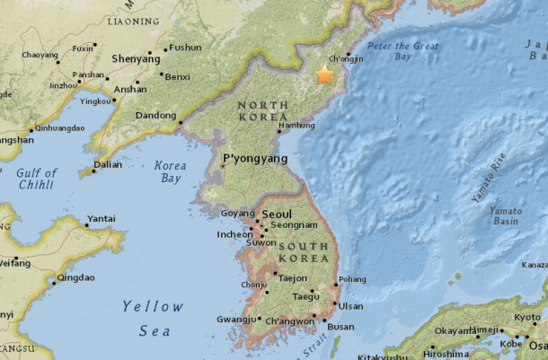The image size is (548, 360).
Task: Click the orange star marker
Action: coord(323,75)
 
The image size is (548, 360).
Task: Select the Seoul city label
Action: coord(279,215)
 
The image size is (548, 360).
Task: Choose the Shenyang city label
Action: coord(136,58)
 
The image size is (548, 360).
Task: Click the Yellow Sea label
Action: coord(149,319)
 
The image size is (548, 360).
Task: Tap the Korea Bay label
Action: coord(170,172)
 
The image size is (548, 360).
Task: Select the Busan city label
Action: coord(341,327)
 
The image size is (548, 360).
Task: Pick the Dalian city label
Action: coord(109,164)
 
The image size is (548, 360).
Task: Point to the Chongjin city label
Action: coord(347,59)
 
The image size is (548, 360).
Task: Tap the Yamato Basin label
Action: coord(506,216)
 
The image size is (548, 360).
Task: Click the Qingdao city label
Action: coord(75,278)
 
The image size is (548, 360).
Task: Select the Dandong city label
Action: coord(155,116)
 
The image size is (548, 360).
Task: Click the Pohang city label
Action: coord(352,279)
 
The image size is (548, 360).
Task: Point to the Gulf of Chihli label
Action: coord(37,179)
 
